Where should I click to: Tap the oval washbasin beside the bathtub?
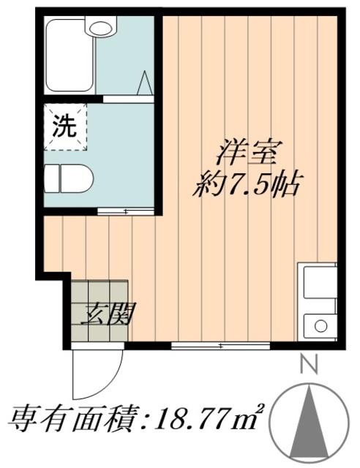100,27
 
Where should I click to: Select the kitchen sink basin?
317,282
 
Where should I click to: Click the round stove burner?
319,325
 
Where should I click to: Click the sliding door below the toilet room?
126,212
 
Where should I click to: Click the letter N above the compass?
310,363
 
